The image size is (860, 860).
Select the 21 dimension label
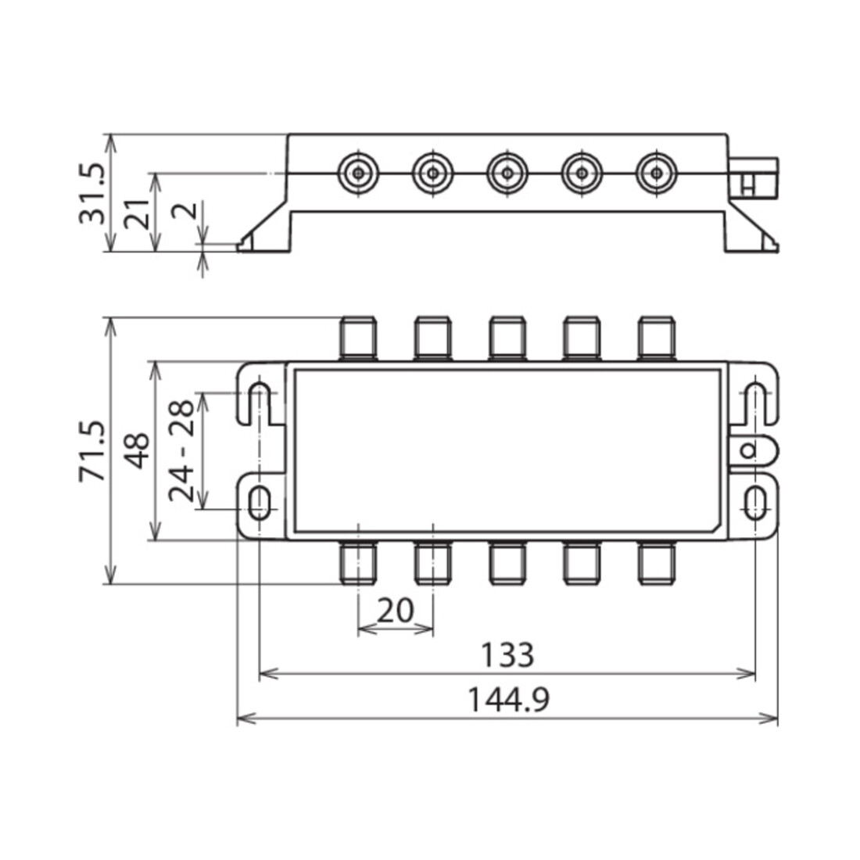[136, 214]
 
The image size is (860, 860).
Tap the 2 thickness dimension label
[185, 210]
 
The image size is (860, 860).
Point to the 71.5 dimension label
[91, 451]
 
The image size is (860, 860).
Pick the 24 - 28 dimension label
[181, 451]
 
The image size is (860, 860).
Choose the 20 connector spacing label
[395, 611]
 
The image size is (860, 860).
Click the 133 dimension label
[507, 654]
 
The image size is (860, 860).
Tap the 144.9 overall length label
[507, 699]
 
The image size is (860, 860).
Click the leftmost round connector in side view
[358, 174]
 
